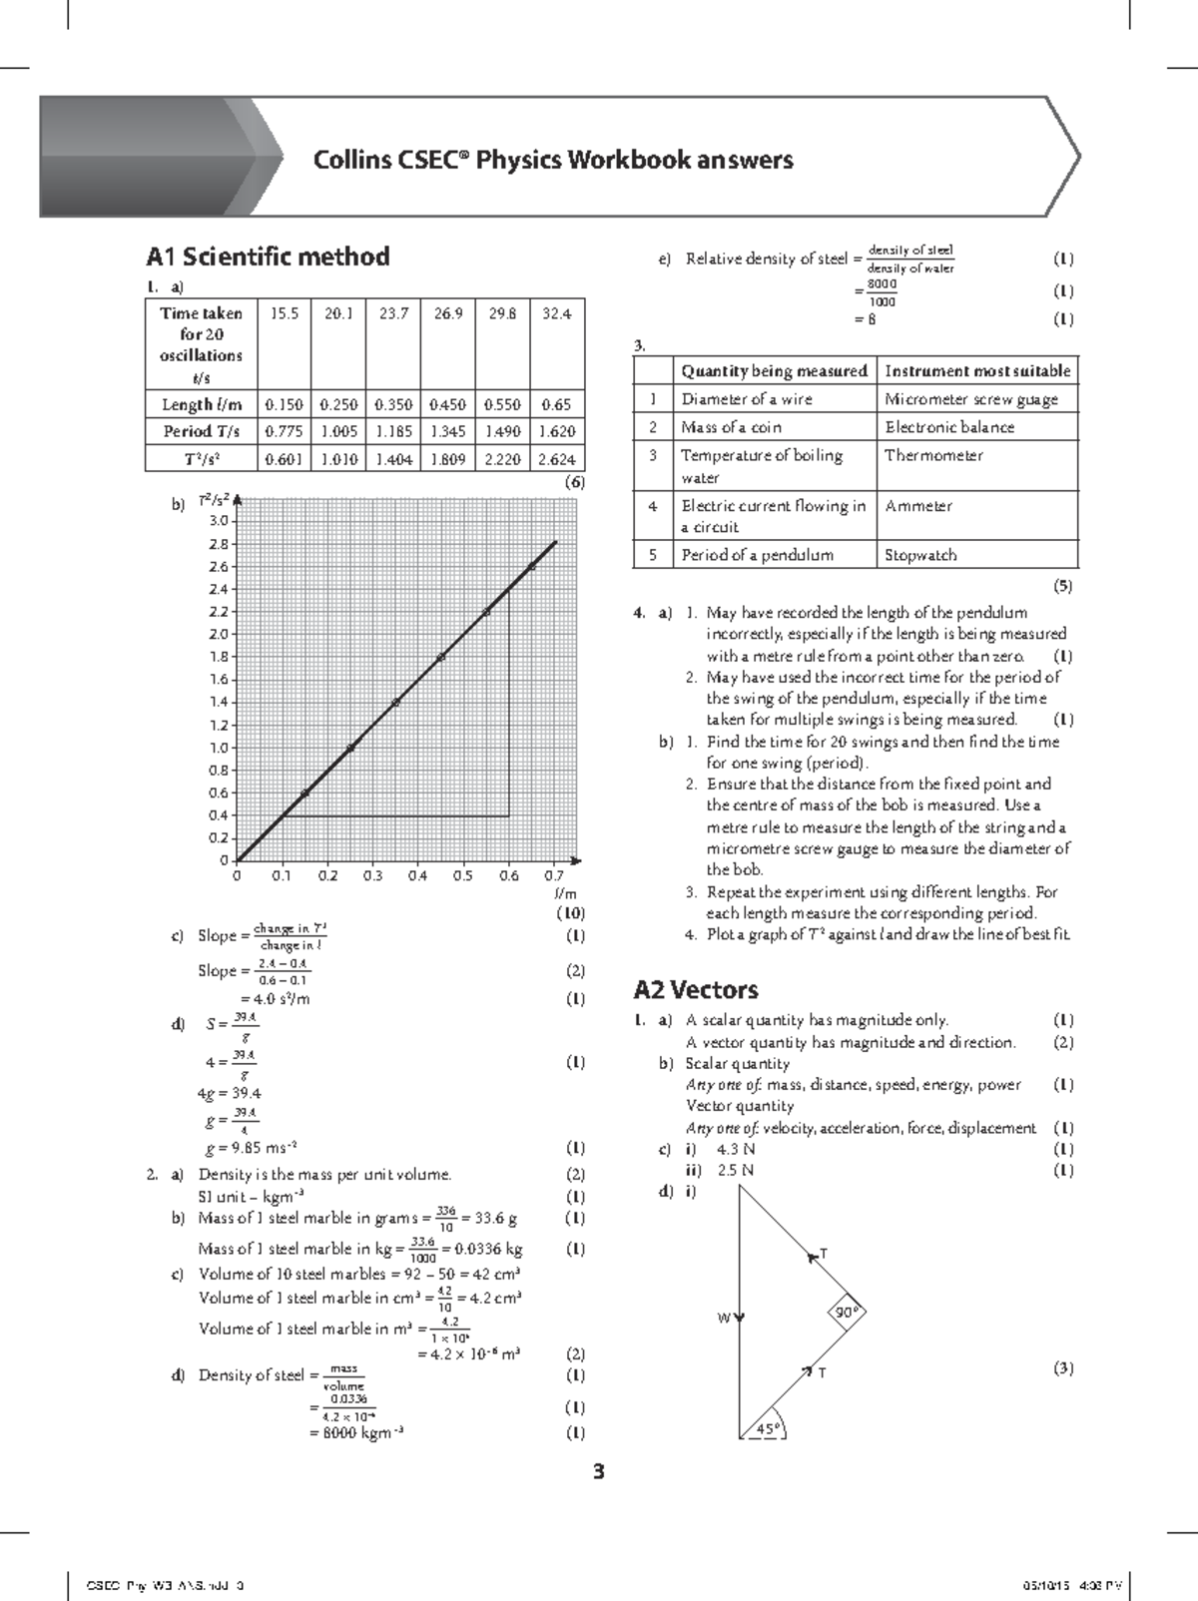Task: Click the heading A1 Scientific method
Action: [268, 257]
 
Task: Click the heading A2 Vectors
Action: [696, 989]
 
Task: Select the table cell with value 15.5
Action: [285, 313]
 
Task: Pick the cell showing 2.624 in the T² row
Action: [556, 459]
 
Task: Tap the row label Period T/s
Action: [202, 431]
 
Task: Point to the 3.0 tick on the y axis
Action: [218, 521]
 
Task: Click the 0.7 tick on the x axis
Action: [554, 876]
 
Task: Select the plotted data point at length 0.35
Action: [395, 703]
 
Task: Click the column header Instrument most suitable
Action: [977, 370]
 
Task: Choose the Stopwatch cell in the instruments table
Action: [919, 555]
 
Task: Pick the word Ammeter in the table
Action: [917, 506]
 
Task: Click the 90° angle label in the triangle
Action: [847, 1314]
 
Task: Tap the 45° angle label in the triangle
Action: [767, 1429]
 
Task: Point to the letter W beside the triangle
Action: [725, 1319]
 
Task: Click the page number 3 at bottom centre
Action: [599, 1471]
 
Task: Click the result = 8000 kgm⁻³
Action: [356, 1433]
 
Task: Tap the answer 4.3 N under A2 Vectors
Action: [736, 1149]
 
